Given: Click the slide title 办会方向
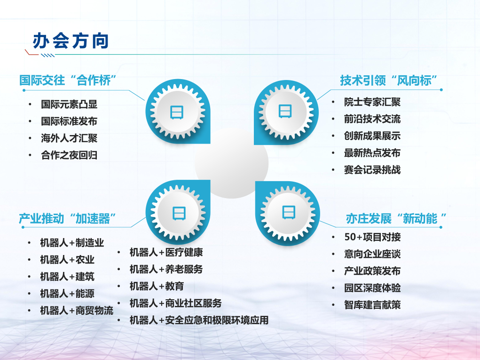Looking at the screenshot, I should click(71, 41).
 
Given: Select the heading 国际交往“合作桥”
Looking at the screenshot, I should click(68, 80).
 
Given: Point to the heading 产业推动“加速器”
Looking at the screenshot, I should click(68, 218).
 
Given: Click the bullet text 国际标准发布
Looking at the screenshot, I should click(69, 121).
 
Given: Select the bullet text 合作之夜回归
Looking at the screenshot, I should click(69, 155).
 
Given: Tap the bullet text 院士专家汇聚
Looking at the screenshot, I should click(372, 102).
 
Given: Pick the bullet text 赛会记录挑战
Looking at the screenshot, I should click(372, 170).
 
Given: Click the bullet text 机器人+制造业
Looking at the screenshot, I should click(72, 243).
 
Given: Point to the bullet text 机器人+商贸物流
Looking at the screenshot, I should click(77, 311).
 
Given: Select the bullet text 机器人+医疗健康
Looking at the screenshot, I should click(166, 252).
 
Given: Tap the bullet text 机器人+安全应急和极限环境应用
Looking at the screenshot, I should click(199, 320).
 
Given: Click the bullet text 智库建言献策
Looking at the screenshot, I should click(372, 305).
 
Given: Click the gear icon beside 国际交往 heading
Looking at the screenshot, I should click(177, 112).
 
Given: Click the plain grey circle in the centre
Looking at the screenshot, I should click(232, 162).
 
